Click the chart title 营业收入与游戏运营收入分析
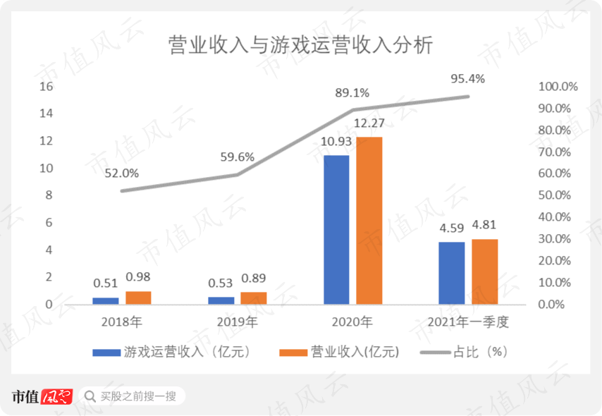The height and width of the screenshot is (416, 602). (300, 46)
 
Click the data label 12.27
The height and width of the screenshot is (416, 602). (369, 125)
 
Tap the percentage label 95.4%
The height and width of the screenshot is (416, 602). (468, 78)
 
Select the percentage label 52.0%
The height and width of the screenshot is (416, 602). (121, 173)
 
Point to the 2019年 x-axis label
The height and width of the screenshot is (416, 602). (237, 323)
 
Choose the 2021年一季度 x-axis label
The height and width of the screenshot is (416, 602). (468, 323)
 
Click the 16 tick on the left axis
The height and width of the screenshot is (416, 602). (47, 87)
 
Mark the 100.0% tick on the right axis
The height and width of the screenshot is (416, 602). (558, 87)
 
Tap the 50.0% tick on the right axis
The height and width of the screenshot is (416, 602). (558, 195)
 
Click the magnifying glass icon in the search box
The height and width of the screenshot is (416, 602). (90, 396)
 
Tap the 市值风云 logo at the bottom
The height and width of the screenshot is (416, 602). (42, 396)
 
